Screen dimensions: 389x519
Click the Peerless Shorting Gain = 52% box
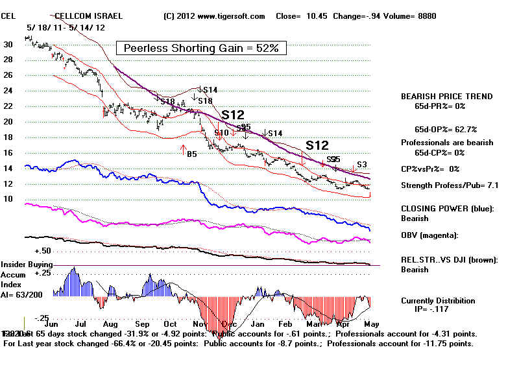pyautogui.click(x=200, y=48)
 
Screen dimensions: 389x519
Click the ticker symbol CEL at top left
pyautogui.click(x=10, y=16)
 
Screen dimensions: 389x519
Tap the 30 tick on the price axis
pyautogui.click(x=8, y=44)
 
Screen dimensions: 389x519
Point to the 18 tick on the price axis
pyautogui.click(x=8, y=137)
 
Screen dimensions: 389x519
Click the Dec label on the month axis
pyautogui.click(x=228, y=323)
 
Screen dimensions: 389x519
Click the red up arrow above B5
pyautogui.click(x=183, y=148)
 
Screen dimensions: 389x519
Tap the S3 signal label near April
pyautogui.click(x=362, y=164)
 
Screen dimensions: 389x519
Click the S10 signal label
pyautogui.click(x=221, y=133)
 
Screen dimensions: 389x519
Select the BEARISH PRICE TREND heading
pyautogui.click(x=446, y=97)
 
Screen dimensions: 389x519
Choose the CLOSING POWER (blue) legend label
pyautogui.click(x=446, y=209)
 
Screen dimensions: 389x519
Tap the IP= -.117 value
pyautogui.click(x=439, y=309)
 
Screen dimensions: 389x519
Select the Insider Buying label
pyautogui.click(x=25, y=265)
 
